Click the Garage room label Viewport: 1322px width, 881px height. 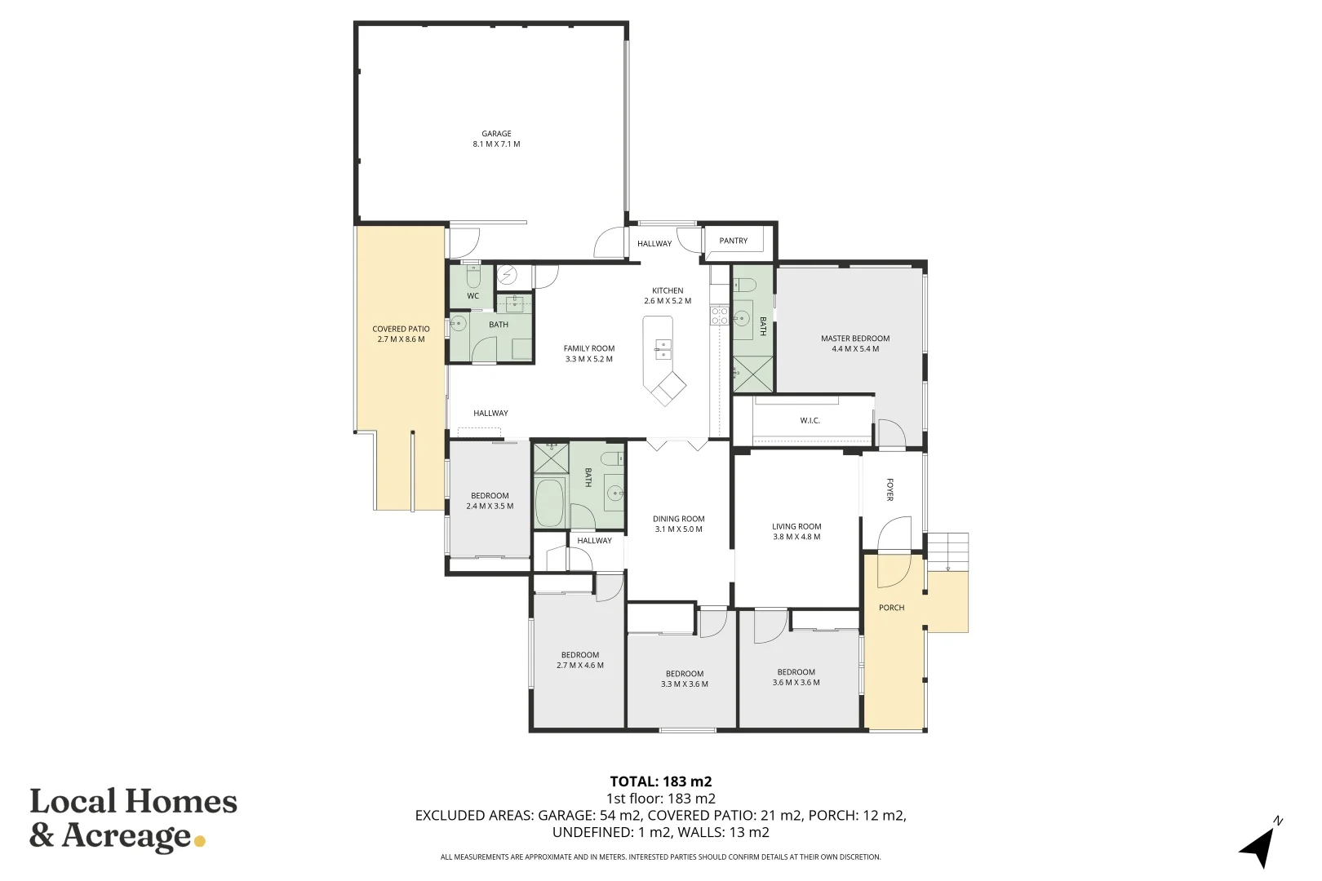point(496,134)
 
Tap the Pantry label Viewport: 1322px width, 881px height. point(733,241)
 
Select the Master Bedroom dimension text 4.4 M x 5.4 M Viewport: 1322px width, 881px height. point(855,349)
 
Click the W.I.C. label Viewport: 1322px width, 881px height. point(810,421)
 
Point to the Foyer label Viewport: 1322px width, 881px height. point(889,489)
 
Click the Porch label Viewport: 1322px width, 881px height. point(891,608)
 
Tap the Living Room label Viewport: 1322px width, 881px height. point(796,526)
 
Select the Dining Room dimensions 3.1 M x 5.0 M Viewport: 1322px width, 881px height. point(679,529)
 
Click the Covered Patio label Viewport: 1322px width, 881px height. point(401,330)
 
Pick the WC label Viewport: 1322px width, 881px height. point(472,296)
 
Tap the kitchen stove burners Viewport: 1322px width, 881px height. point(720,315)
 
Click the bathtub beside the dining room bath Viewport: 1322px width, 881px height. point(550,502)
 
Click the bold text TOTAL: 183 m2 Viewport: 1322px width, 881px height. point(661,781)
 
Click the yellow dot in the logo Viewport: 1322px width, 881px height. point(200,841)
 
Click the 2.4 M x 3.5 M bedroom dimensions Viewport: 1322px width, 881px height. point(490,507)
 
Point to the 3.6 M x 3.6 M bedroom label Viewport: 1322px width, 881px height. point(796,677)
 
